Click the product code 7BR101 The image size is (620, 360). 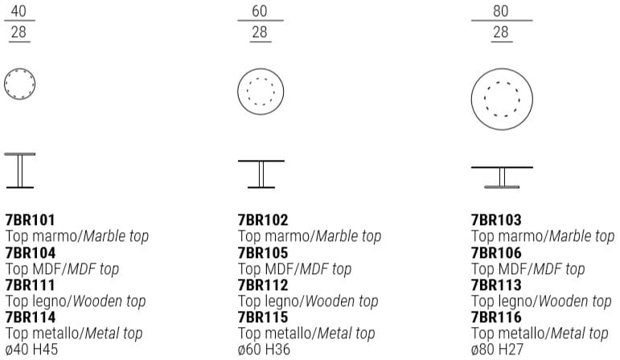(x=31, y=219)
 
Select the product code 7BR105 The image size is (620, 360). (x=263, y=252)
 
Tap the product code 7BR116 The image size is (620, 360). (x=496, y=317)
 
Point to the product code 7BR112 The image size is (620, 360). (x=263, y=284)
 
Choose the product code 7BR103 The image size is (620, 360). (x=496, y=219)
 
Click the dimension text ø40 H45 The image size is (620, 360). (x=32, y=350)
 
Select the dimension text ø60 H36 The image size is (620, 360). (x=265, y=350)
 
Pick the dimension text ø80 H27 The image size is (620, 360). (x=498, y=350)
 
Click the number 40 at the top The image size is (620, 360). (x=18, y=11)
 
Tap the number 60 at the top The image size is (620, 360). (x=260, y=11)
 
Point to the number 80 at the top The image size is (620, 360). (x=501, y=11)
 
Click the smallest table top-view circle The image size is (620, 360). (x=19, y=83)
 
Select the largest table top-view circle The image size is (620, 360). (x=502, y=98)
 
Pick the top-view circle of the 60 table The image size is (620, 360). (x=261, y=91)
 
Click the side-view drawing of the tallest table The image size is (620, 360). (x=19, y=170)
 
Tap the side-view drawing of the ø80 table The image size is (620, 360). (x=502, y=177)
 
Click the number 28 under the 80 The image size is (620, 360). (x=501, y=32)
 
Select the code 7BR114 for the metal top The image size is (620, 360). (x=31, y=317)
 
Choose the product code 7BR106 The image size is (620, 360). (x=496, y=252)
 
